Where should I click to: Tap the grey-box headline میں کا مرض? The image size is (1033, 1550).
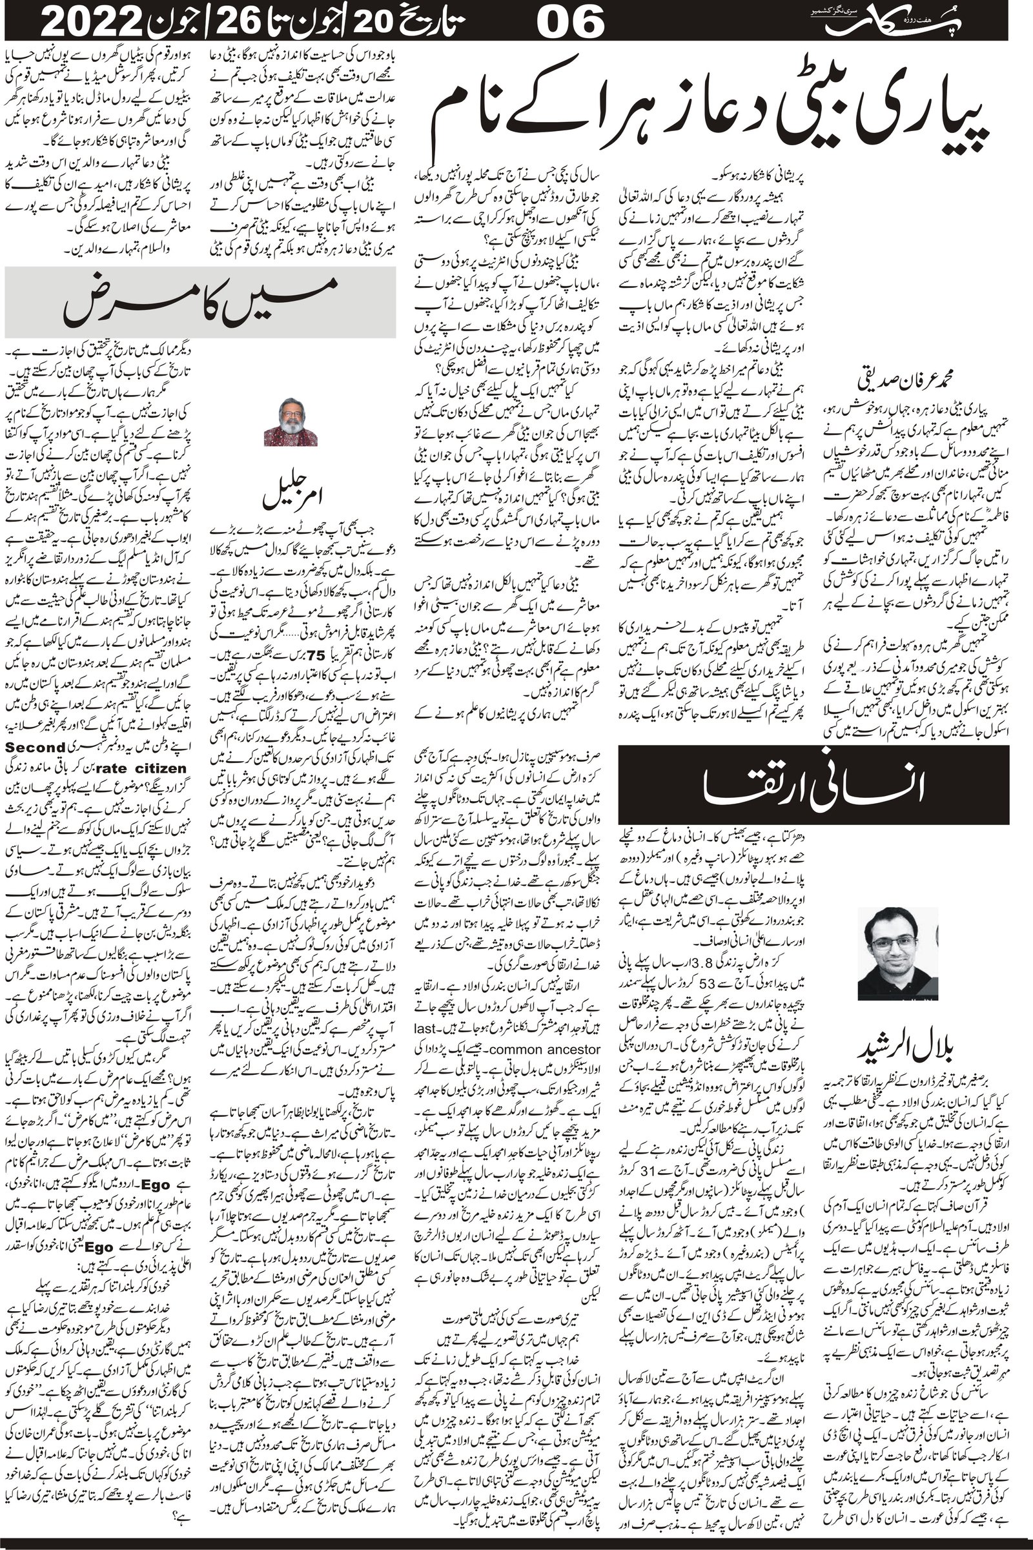click(199, 302)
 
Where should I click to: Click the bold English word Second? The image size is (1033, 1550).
click(34, 748)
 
